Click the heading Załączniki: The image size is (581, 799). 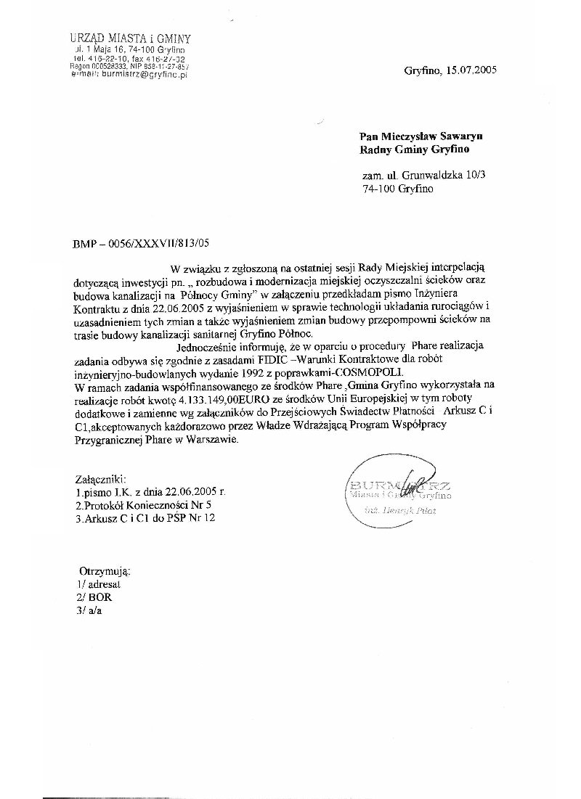click(x=100, y=479)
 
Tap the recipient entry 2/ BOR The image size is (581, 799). click(x=95, y=597)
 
